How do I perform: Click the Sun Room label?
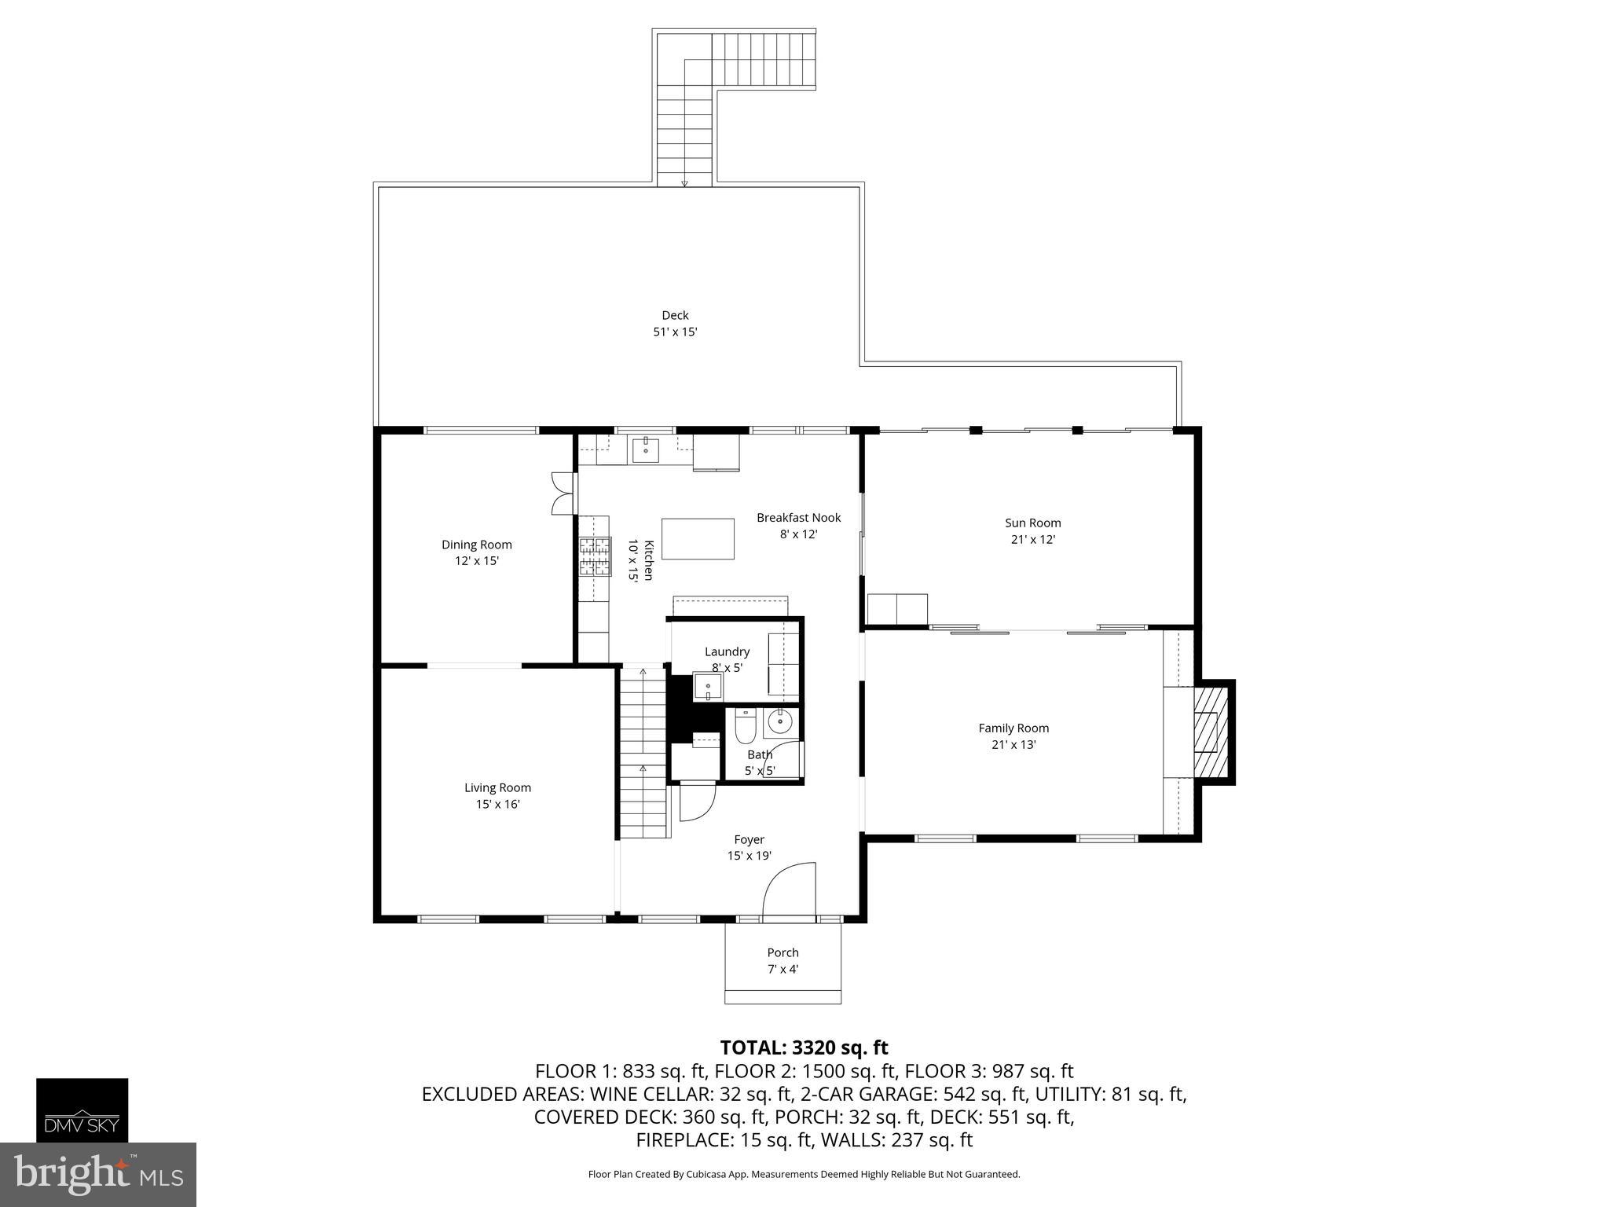1032,523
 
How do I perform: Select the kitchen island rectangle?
698,538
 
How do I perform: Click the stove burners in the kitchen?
595,556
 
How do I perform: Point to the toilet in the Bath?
744,726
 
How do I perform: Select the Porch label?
783,952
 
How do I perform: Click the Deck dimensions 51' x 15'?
675,332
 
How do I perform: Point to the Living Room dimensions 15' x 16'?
497,805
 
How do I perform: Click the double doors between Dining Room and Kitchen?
563,493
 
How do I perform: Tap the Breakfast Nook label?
798,517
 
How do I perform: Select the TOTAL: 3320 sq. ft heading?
804,1047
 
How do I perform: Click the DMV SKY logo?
82,1110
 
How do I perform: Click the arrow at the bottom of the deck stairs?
684,183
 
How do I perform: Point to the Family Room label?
1013,728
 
